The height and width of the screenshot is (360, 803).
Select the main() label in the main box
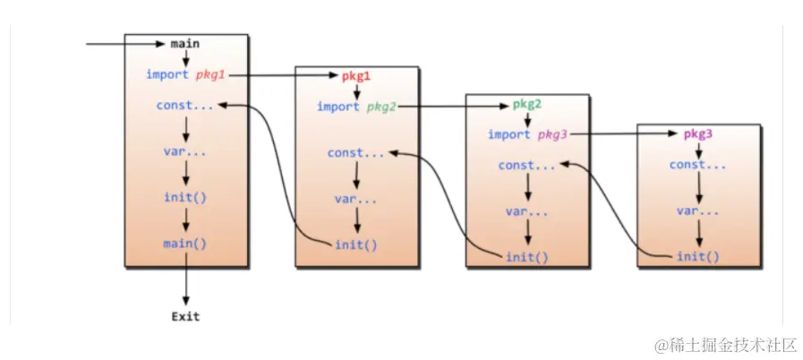(x=185, y=244)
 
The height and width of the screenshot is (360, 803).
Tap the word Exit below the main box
(x=185, y=316)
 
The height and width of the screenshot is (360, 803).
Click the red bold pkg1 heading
(x=355, y=75)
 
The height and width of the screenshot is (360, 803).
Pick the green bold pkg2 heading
(x=527, y=104)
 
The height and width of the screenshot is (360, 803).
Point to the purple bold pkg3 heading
(x=698, y=134)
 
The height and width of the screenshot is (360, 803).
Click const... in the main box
(x=185, y=106)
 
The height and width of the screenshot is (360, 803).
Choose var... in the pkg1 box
(x=356, y=199)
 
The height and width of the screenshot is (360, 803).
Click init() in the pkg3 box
(x=698, y=257)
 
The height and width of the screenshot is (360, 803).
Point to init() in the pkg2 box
(x=527, y=257)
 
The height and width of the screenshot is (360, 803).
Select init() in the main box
(x=185, y=198)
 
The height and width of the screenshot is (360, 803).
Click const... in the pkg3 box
(x=698, y=165)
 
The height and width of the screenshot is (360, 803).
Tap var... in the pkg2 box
(x=527, y=211)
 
